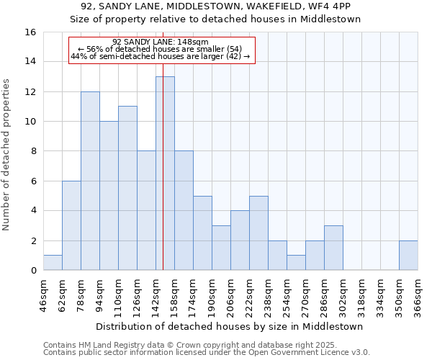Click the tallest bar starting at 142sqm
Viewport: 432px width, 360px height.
click(x=165, y=173)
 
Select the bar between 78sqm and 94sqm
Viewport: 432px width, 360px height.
click(x=90, y=181)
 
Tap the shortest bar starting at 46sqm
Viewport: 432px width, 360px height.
click(x=53, y=263)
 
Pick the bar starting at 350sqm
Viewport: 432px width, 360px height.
click(x=408, y=256)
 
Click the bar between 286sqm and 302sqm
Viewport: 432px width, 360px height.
click(x=333, y=248)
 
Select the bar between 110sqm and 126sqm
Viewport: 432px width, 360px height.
click(x=127, y=188)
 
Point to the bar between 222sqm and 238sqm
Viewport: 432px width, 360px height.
click(x=258, y=233)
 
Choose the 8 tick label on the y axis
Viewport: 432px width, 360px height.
click(x=32, y=151)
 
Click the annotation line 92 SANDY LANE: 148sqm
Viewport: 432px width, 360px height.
click(x=161, y=42)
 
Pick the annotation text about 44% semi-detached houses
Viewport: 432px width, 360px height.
click(x=161, y=56)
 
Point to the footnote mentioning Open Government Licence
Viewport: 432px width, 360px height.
click(x=207, y=353)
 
